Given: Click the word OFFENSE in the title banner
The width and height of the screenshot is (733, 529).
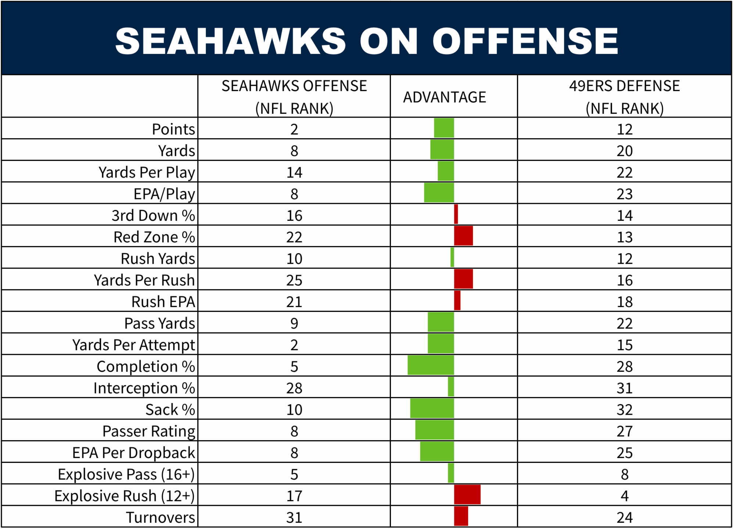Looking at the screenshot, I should (x=525, y=41).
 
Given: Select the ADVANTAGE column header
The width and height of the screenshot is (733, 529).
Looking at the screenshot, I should (x=444, y=97).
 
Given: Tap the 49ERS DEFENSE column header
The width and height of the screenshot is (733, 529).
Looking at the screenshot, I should (x=624, y=97).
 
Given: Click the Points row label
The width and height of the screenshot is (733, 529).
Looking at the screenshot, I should (x=173, y=129).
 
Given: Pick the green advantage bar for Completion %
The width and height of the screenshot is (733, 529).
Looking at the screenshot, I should (x=431, y=366).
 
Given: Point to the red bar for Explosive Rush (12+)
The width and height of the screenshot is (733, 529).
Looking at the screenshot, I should (x=467, y=495).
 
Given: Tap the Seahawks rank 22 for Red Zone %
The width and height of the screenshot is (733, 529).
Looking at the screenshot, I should (x=294, y=237).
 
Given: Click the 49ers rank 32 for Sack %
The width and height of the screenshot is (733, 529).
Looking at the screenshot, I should (x=624, y=410).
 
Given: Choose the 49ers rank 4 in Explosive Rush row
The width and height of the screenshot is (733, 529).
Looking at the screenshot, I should (x=624, y=496).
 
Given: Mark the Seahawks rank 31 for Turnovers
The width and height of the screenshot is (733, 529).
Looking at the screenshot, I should (x=294, y=518).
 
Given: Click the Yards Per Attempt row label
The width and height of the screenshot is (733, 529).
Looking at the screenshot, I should (x=134, y=345).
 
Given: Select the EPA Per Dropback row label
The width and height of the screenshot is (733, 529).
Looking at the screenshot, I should (x=134, y=453).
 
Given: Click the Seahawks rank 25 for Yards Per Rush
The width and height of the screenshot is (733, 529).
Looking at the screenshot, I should (x=294, y=280).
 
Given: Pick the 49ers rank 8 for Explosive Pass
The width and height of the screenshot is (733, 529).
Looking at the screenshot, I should (x=624, y=475).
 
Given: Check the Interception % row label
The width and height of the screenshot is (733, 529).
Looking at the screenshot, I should (x=144, y=388).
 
